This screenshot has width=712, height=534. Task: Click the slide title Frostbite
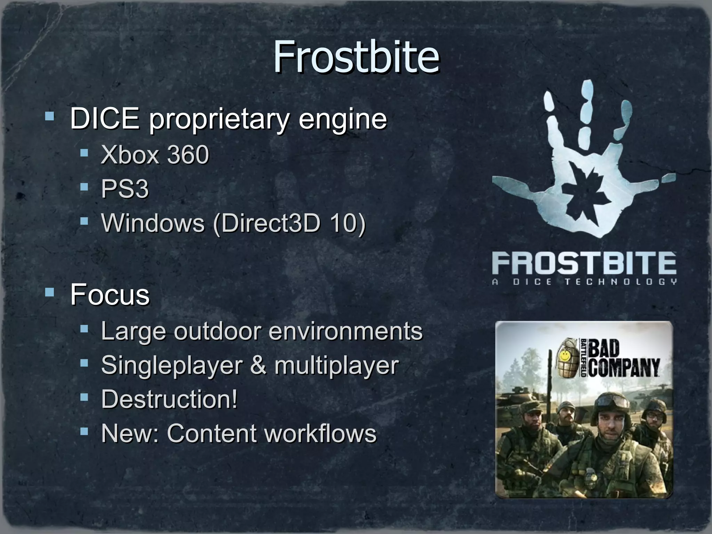(356, 57)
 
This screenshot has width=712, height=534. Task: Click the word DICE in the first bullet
(105, 119)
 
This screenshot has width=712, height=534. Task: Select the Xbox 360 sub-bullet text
(155, 155)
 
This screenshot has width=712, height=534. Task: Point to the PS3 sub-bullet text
(125, 189)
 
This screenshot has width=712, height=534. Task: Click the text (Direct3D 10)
(289, 223)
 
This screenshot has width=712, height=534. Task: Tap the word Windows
(153, 223)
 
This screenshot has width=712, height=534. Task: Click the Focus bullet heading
(110, 295)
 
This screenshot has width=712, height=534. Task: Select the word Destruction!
(169, 399)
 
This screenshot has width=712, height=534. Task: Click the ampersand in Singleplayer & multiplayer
(258, 365)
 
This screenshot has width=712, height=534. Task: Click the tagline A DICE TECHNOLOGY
(584, 282)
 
